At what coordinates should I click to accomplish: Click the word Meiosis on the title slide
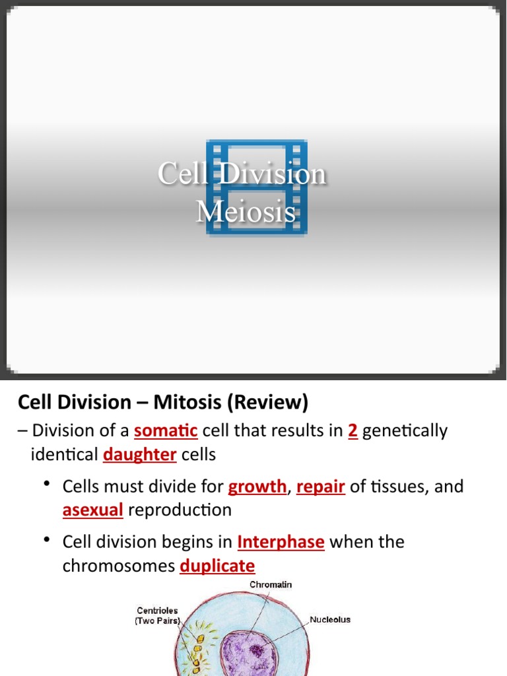[x=246, y=212]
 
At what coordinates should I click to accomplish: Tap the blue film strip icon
[x=256, y=187]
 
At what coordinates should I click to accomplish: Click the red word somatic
[x=166, y=431]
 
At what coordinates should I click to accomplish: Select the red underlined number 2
[x=353, y=431]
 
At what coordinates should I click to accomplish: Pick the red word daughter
[x=140, y=455]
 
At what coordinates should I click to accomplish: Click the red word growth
[x=257, y=487]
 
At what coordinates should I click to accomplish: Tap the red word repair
[x=321, y=487]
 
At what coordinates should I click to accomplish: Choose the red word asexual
[x=93, y=510]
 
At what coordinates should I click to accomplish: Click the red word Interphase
[x=281, y=543]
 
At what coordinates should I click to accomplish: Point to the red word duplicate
[x=217, y=566]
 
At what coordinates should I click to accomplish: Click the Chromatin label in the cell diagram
[x=271, y=585]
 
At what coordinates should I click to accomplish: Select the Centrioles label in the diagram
[x=158, y=611]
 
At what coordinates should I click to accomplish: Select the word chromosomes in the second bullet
[x=118, y=566]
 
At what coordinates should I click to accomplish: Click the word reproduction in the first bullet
[x=180, y=510]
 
